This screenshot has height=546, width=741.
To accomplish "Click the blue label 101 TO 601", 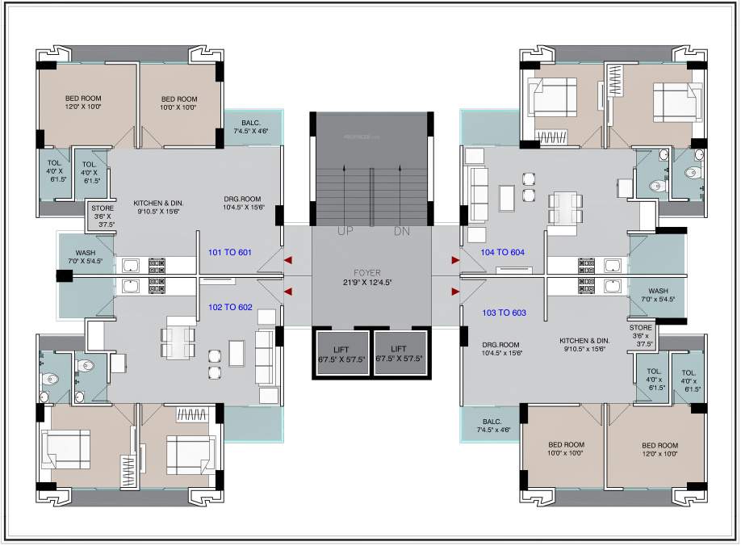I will click(230, 252).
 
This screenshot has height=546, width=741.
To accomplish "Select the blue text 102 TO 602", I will click(230, 307).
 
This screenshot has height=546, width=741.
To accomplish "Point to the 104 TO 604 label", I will click(503, 252).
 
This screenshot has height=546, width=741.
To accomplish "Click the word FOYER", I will click(371, 273).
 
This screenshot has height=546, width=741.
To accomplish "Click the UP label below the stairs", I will click(345, 232).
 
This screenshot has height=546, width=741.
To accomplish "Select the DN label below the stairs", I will click(402, 232).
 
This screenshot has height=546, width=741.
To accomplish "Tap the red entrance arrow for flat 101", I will click(287, 260).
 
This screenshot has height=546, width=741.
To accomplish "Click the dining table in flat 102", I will click(177, 341).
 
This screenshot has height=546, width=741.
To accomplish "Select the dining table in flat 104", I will click(565, 206).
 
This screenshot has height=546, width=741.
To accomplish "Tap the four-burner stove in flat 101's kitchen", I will click(157, 264).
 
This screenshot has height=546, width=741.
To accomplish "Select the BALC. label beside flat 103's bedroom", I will click(492, 422).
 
